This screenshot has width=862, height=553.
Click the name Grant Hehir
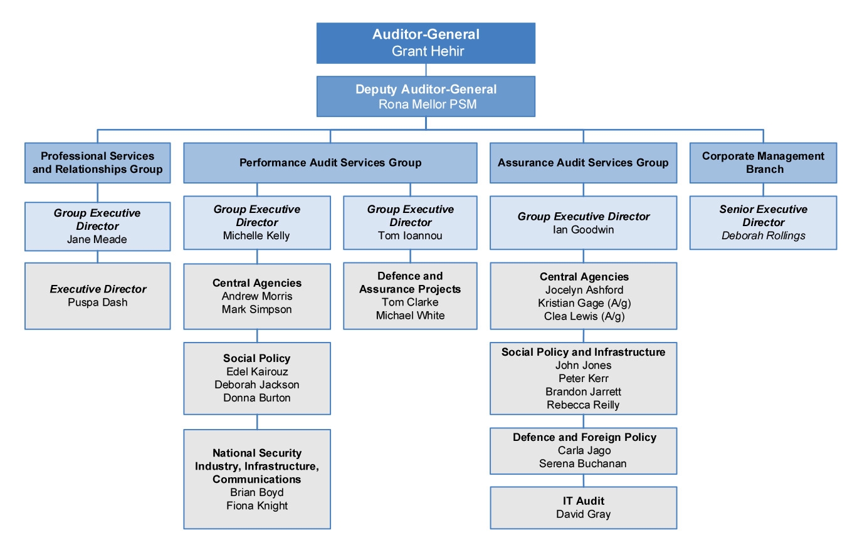coord(428,51)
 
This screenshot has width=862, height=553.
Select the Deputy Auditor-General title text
coord(426,89)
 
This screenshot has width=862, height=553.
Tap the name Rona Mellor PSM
coord(428,104)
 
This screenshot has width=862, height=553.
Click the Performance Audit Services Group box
coord(330,163)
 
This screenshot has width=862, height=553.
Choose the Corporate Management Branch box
coord(763,163)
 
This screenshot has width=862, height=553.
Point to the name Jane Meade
coord(97,239)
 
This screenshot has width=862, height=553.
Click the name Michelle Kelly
coord(256,235)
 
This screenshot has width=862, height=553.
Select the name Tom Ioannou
coord(410,235)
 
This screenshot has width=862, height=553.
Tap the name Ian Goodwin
coord(584,230)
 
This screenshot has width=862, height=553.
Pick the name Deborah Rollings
coord(764,235)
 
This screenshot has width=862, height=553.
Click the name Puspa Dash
coord(97,302)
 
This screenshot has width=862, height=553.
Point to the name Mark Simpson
coord(256,309)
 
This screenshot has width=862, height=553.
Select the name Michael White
coord(410,316)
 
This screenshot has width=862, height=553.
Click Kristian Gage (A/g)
coord(584,303)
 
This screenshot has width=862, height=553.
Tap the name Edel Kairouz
coord(257,371)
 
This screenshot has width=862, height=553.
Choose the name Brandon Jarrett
coord(584,391)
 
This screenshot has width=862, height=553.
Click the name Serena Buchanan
coord(582,463)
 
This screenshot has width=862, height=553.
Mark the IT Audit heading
coord(584,500)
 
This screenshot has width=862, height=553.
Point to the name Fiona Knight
coord(257,505)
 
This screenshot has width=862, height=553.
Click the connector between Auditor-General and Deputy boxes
coord(426,70)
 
